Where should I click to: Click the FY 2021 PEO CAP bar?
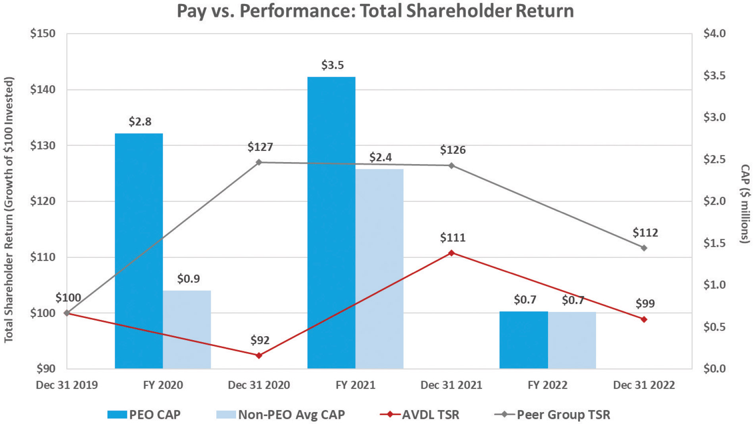pyautogui.click(x=331, y=223)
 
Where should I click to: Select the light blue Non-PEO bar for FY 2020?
pyautogui.click(x=187, y=329)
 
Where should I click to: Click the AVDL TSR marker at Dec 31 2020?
pyautogui.click(x=259, y=356)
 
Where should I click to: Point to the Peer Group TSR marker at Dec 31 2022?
pyautogui.click(x=644, y=248)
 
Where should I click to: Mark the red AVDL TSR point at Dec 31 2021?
pyautogui.click(x=452, y=253)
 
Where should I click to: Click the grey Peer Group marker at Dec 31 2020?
pyautogui.click(x=259, y=162)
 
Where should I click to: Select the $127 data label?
pyautogui.click(x=260, y=147)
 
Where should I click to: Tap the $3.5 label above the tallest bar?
pyautogui.click(x=333, y=65)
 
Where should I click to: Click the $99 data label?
pyautogui.click(x=645, y=304)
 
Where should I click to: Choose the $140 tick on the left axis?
pyautogui.click(x=43, y=89)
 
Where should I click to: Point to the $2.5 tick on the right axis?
pyautogui.click(x=714, y=159)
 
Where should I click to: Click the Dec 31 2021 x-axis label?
pyautogui.click(x=451, y=385)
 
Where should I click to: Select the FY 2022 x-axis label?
pyautogui.click(x=547, y=385)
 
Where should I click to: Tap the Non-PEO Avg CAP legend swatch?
pyautogui.click(x=226, y=415)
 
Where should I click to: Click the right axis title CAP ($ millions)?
pyautogui.click(x=746, y=203)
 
